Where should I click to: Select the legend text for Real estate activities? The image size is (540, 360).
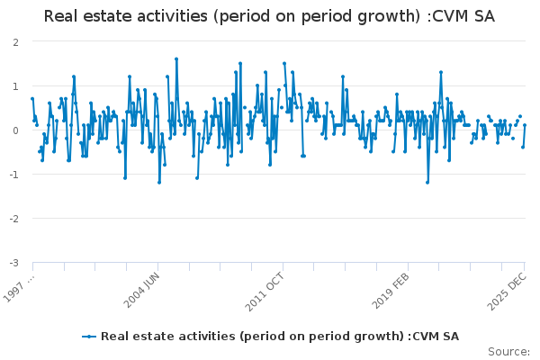[x=279, y=336]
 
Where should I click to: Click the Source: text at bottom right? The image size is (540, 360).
[x=508, y=351]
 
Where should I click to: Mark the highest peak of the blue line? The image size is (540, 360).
[x=176, y=59]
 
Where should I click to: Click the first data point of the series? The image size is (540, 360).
[x=32, y=99]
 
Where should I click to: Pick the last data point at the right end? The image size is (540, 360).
[x=525, y=125]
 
